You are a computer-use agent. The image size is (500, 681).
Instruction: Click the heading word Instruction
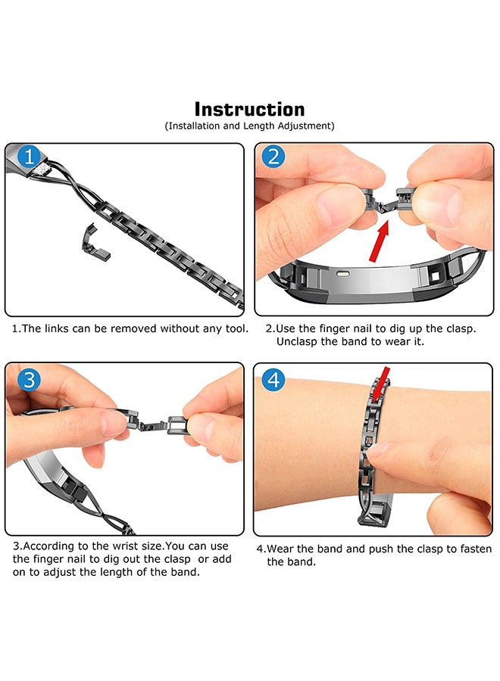[249, 110]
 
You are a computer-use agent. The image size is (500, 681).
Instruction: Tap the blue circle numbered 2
[273, 157]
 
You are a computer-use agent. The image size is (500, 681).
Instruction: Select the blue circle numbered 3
[29, 380]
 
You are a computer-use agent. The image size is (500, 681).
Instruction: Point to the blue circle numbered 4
[273, 380]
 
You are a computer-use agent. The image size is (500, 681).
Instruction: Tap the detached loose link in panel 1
[95, 242]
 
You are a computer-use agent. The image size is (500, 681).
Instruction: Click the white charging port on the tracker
[345, 275]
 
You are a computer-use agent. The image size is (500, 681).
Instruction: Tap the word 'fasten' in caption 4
[476, 549]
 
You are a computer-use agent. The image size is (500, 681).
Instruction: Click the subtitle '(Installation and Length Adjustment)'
[249, 126]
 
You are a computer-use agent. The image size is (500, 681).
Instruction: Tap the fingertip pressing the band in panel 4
[377, 449]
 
